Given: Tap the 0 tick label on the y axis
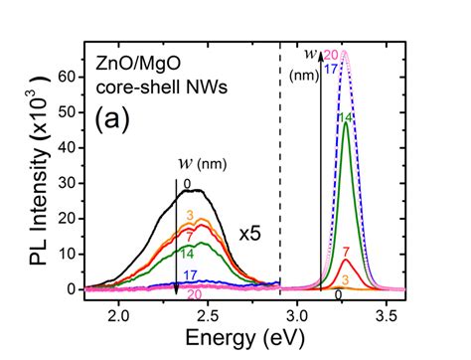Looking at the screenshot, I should [x=72, y=289].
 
